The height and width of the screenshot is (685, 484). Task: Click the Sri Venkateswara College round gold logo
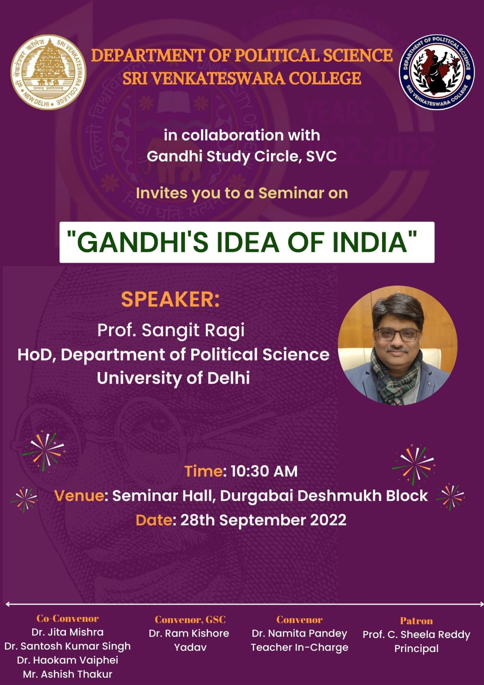[x=49, y=72]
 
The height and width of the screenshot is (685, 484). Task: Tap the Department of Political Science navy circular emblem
[x=436, y=72]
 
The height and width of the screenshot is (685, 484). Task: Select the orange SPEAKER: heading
[x=170, y=299]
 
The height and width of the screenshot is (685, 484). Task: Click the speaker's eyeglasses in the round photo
[x=397, y=335]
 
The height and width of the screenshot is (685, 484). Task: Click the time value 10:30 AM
[x=264, y=471]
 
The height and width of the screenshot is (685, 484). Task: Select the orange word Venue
[x=80, y=496]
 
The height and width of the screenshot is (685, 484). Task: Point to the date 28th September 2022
[x=263, y=520]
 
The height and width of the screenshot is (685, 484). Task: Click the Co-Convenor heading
[x=68, y=618]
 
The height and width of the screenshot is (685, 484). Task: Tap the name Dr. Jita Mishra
[x=68, y=632]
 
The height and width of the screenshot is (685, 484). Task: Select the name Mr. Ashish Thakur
[x=68, y=674]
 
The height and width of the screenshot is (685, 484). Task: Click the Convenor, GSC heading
[x=190, y=619]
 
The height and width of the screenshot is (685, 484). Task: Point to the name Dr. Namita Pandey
[x=299, y=633]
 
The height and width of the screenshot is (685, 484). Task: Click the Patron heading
[x=416, y=621]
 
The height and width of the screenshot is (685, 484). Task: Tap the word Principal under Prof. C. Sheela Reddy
[x=416, y=648]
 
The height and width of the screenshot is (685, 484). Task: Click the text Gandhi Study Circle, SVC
[x=241, y=157]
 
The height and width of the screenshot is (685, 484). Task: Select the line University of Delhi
[x=173, y=378]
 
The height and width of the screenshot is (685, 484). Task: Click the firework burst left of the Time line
[x=44, y=452]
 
